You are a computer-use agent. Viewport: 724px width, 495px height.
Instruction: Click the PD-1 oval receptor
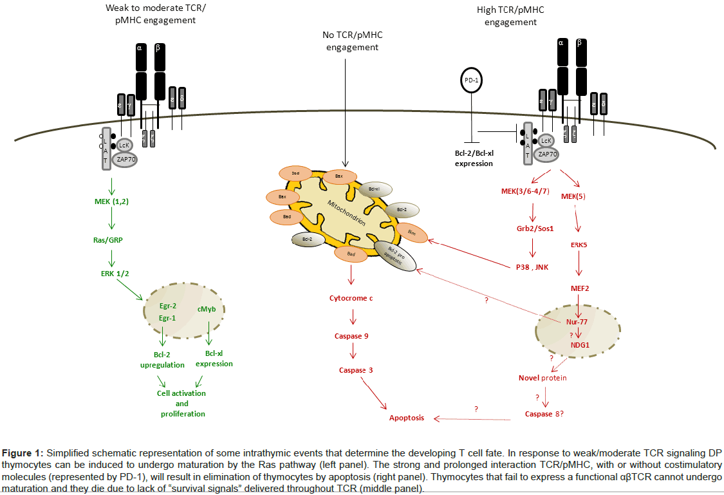(x=472, y=80)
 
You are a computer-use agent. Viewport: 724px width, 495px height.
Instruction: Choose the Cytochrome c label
(x=351, y=299)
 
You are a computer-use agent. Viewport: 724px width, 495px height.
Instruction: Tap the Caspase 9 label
(x=351, y=336)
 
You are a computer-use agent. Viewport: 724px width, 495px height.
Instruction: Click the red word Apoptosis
(x=407, y=418)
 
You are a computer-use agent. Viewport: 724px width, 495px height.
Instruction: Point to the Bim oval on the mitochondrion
(x=412, y=233)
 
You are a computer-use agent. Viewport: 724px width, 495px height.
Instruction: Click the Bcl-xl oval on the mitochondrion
(x=374, y=188)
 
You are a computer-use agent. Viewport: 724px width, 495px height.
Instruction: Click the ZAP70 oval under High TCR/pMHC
(x=544, y=154)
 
